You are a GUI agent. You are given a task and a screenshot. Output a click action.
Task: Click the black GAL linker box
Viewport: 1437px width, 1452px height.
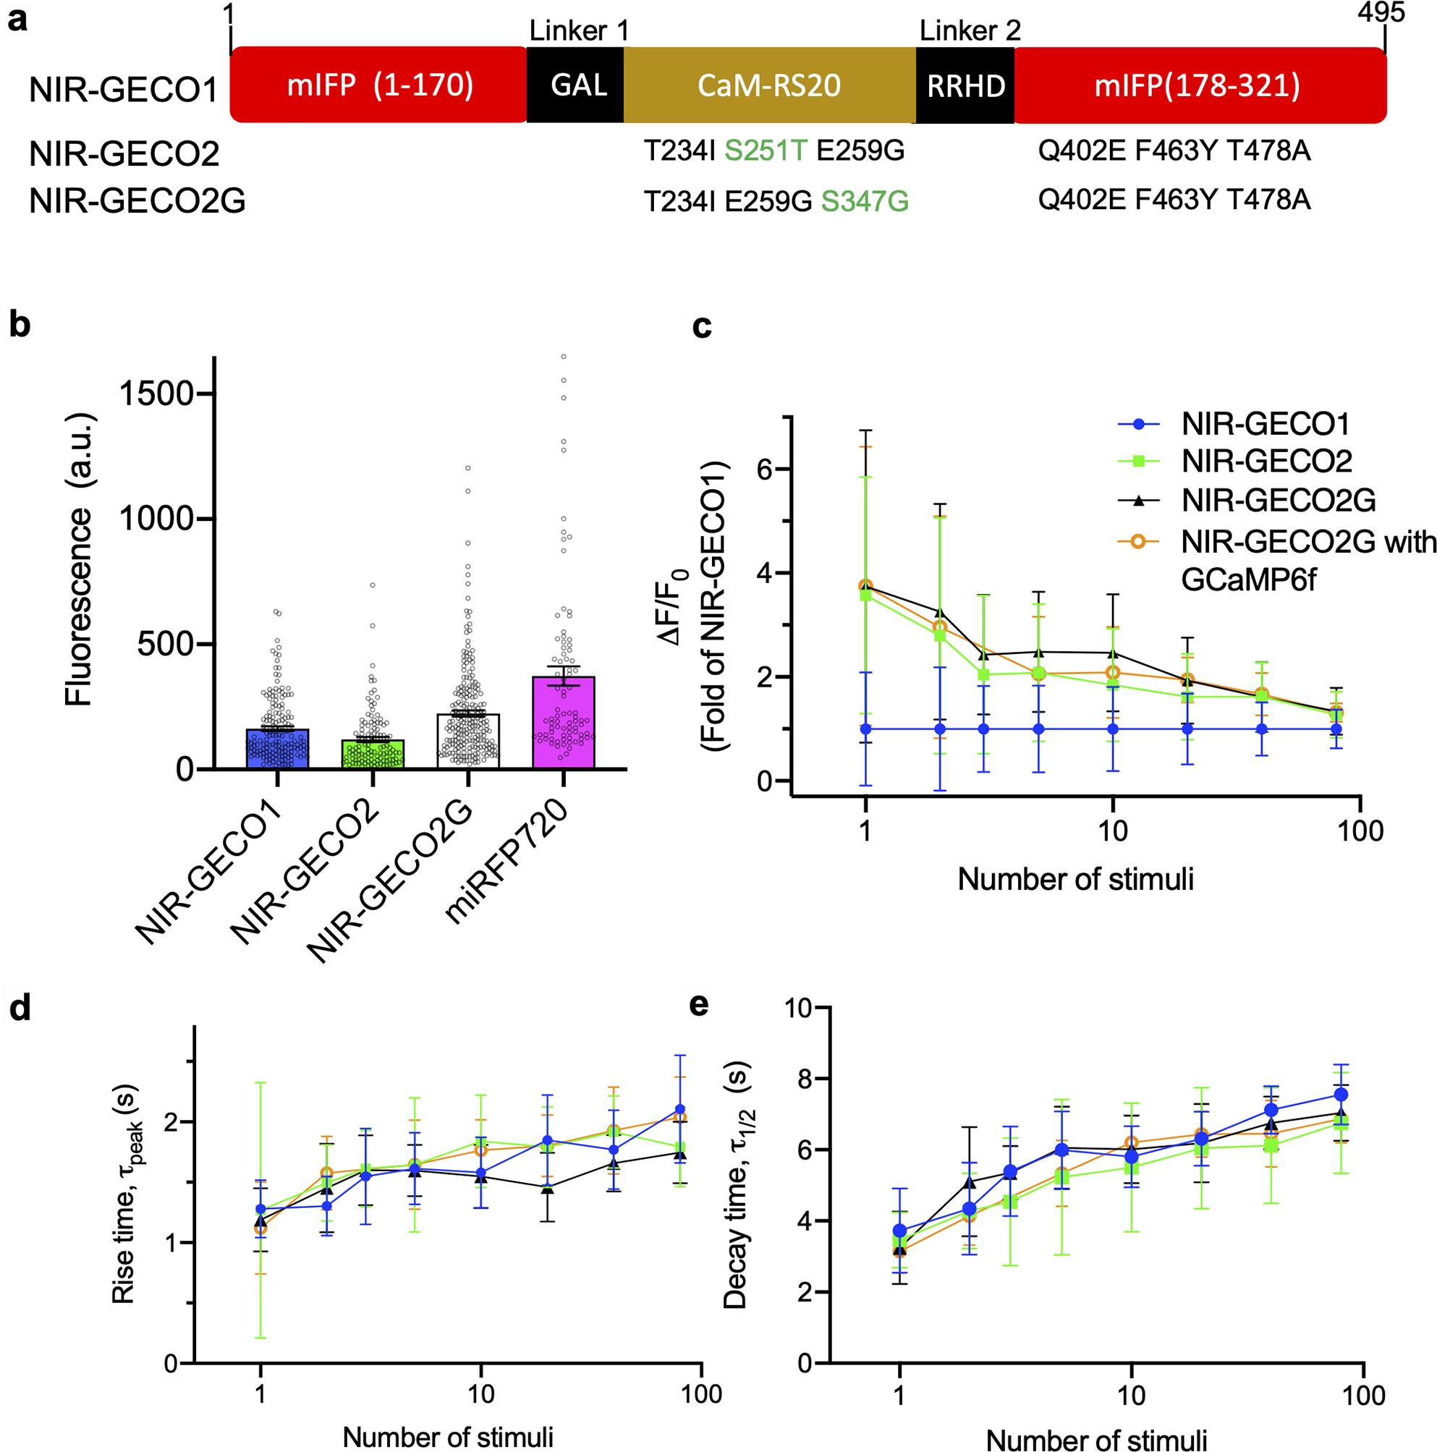[x=575, y=85]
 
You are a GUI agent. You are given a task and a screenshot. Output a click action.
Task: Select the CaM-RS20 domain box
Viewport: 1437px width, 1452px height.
[x=769, y=85]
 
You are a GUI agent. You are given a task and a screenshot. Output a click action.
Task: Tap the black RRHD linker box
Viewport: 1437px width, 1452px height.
[x=965, y=85]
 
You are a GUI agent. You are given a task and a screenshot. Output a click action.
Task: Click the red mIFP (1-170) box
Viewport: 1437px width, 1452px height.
[x=380, y=85]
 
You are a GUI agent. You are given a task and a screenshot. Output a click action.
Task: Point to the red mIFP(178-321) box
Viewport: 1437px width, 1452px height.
[x=1200, y=85]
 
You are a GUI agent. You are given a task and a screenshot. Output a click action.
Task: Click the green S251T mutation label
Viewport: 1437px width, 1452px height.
[x=766, y=152]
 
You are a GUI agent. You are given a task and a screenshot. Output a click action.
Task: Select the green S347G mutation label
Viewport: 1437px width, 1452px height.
[x=865, y=200]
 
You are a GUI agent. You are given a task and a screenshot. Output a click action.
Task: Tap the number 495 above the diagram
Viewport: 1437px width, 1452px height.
[x=1381, y=14]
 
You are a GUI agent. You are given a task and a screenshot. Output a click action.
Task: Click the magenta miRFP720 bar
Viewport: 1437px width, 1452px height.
[x=564, y=721]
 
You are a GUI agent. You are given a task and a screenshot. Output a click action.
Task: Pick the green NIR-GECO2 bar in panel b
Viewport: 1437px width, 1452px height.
[x=373, y=753]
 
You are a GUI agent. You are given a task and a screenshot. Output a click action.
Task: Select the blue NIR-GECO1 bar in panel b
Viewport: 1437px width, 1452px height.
[x=277, y=748]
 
